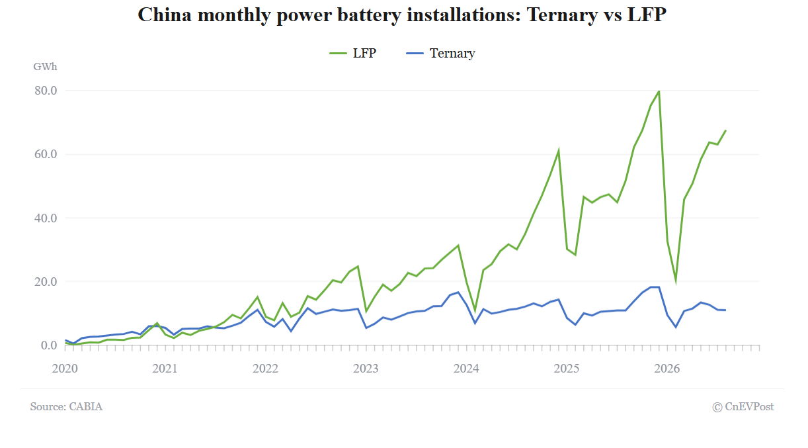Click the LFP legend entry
(353, 54)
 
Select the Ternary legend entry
(440, 54)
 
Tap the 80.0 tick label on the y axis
(46, 91)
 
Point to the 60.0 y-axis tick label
(46, 154)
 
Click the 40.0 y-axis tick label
(46, 218)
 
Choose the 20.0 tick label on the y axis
(46, 282)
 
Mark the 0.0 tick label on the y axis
(49, 345)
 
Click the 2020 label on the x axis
(65, 369)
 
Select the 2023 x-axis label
(366, 369)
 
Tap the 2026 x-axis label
(667, 369)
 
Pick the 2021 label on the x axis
(165, 369)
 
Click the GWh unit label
(45, 67)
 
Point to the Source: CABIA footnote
(66, 406)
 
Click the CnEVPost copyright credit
(743, 407)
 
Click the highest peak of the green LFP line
(659, 91)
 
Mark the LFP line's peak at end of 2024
(559, 150)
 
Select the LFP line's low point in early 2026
(676, 283)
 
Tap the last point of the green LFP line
(726, 130)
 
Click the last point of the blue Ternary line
(726, 310)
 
